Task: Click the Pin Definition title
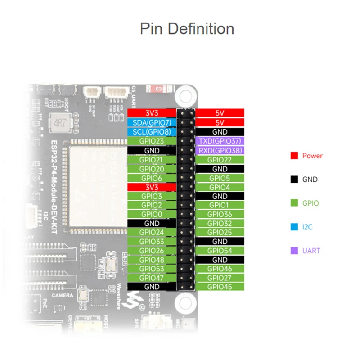tap(187, 29)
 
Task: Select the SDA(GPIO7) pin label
tap(152, 122)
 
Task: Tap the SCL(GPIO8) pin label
tap(152, 132)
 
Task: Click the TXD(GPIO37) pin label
tap(220, 141)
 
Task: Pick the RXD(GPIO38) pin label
tap(220, 150)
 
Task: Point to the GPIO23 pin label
tap(152, 141)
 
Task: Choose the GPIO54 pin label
tap(220, 250)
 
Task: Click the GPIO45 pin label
tap(220, 287)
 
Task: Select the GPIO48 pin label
tap(152, 260)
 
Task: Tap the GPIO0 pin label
tap(152, 214)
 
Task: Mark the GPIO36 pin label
tap(220, 214)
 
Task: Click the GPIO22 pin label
tap(220, 159)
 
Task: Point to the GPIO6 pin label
tap(152, 178)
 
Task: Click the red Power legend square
tap(294, 156)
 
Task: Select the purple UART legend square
tap(294, 251)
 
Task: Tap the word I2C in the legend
tap(308, 227)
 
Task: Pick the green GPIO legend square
tap(294, 203)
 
